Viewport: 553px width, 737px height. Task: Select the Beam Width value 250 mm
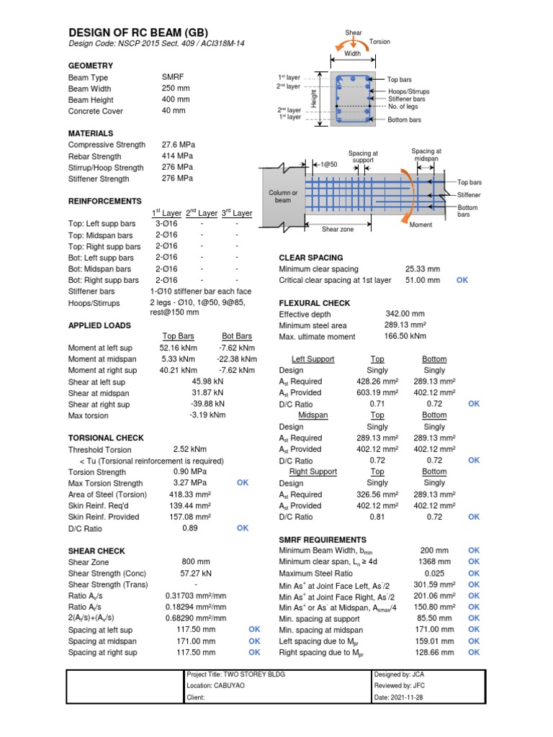[176, 88]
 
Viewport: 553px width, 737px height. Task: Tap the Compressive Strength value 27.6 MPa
[178, 145]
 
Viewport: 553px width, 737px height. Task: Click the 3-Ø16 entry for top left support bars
[166, 224]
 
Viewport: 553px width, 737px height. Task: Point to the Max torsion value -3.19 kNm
[207, 415]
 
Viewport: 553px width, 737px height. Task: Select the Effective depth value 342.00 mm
[405, 314]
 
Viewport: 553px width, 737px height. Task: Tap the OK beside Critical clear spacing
[462, 280]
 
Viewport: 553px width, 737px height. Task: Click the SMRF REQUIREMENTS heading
[323, 540]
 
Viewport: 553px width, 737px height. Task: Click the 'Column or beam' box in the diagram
[283, 196]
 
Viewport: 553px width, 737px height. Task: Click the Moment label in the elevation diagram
[421, 225]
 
